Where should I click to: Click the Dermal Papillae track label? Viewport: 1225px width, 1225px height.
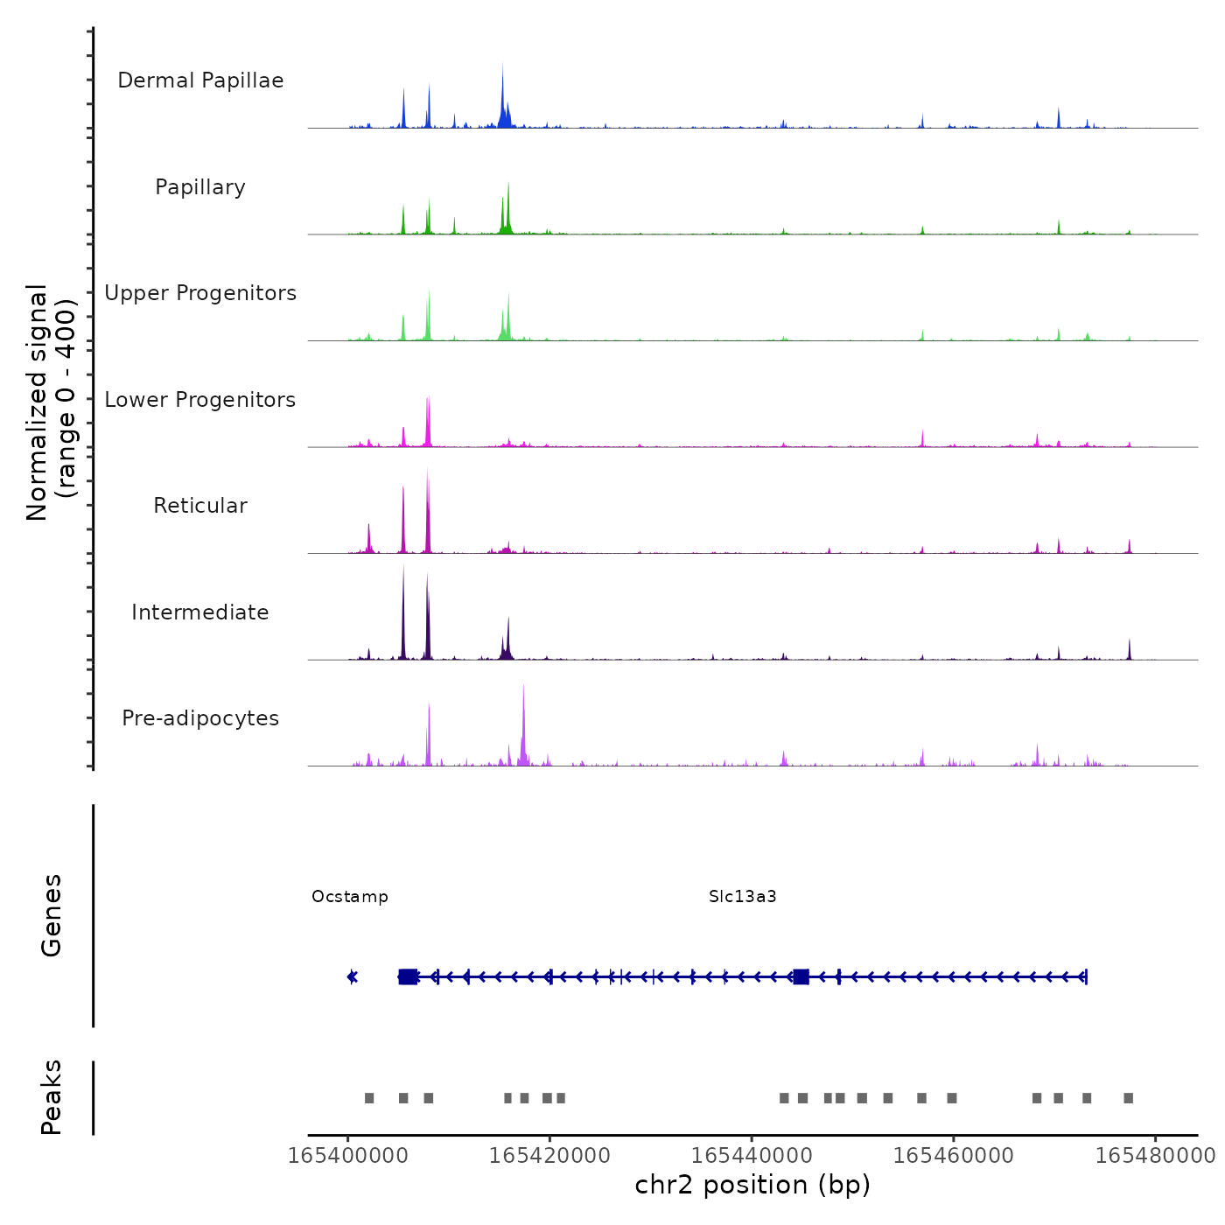click(200, 80)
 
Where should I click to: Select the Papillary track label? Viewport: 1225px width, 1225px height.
click(200, 187)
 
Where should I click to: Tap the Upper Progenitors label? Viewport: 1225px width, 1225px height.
click(200, 293)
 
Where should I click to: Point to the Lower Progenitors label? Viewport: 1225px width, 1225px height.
click(200, 400)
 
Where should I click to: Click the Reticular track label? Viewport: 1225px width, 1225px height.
click(200, 506)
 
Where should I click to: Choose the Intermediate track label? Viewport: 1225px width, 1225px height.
click(200, 612)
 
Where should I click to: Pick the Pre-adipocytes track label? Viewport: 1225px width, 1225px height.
click(200, 718)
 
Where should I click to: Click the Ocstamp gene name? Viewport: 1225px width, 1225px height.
click(350, 897)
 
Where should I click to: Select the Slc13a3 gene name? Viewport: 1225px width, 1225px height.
click(743, 897)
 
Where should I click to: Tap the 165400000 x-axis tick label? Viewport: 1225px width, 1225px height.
click(348, 1156)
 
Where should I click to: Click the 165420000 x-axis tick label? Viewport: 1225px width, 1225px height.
click(549, 1156)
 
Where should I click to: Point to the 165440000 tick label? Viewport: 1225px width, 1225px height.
click(752, 1156)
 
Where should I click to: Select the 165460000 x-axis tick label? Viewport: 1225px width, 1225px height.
click(953, 1156)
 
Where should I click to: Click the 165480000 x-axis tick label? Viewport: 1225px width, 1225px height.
click(1155, 1156)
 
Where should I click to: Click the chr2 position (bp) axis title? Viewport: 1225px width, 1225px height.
click(752, 1186)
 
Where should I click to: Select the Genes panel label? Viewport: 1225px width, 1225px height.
click(52, 915)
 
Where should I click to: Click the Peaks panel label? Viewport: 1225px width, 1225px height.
click(52, 1097)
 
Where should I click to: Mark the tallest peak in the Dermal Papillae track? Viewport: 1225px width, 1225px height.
click(503, 66)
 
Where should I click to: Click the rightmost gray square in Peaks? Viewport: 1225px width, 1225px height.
click(1129, 1098)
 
